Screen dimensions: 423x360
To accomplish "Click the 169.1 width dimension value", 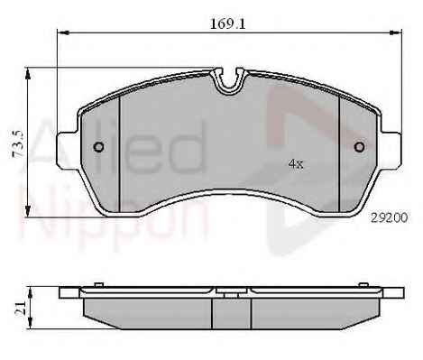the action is (x=227, y=23).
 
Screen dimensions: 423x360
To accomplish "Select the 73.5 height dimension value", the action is (x=18, y=144).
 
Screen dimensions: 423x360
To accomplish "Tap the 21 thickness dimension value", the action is (x=20, y=309).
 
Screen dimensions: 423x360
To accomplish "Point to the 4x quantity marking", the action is (x=296, y=164).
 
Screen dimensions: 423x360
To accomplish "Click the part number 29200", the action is (x=390, y=217).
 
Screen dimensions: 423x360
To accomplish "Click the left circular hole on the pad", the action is (x=98, y=147).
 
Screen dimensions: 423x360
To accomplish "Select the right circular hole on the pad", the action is (x=360, y=147).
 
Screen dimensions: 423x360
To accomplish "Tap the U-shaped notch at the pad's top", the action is (x=229, y=79).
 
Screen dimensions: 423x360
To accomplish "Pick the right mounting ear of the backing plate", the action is (x=391, y=150).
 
